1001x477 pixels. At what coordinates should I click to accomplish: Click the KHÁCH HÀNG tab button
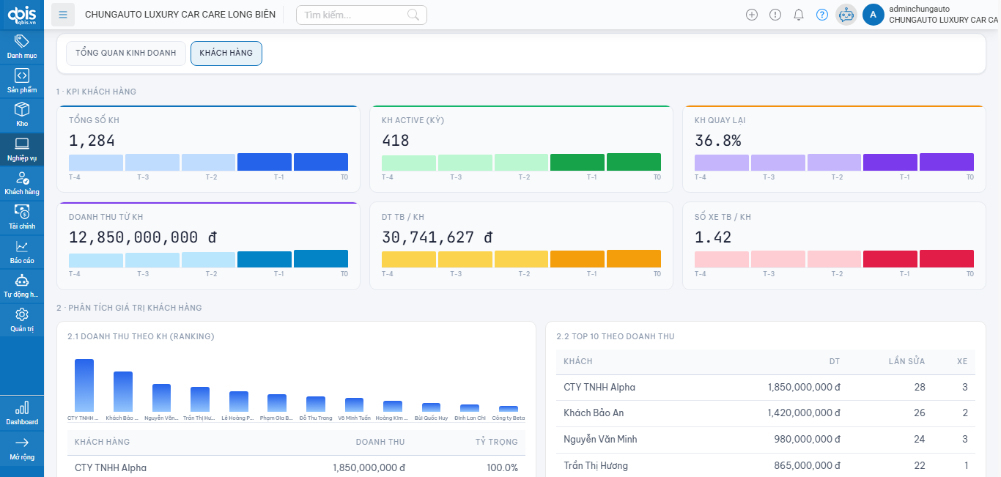[226, 53]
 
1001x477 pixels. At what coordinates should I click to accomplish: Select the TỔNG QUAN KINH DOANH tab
[126, 53]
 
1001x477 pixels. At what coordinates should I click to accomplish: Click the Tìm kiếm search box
[355, 15]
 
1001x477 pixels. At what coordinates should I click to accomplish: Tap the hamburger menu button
[64, 15]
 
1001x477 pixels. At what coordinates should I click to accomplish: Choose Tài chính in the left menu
[22, 217]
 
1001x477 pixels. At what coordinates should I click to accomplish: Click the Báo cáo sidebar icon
[22, 251]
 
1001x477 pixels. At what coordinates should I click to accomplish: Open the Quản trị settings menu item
[22, 319]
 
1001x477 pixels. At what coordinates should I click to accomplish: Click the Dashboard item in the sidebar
[22, 413]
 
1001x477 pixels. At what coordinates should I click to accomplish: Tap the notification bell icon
[799, 15]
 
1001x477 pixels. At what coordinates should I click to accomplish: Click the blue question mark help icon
[822, 15]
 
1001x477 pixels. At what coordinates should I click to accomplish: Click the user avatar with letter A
[873, 15]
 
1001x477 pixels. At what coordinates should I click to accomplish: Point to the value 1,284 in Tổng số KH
[92, 141]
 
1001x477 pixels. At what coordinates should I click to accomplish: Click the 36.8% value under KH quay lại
[717, 141]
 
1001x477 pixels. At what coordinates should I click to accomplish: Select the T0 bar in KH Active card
[633, 162]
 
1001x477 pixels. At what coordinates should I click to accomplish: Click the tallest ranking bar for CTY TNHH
[84, 385]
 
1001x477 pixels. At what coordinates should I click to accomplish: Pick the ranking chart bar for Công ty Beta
[509, 409]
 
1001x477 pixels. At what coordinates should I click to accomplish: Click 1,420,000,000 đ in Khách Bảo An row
[803, 413]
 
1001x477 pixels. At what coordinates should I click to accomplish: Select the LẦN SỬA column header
[906, 361]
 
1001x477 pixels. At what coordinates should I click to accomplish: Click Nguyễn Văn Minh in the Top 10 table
[600, 440]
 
